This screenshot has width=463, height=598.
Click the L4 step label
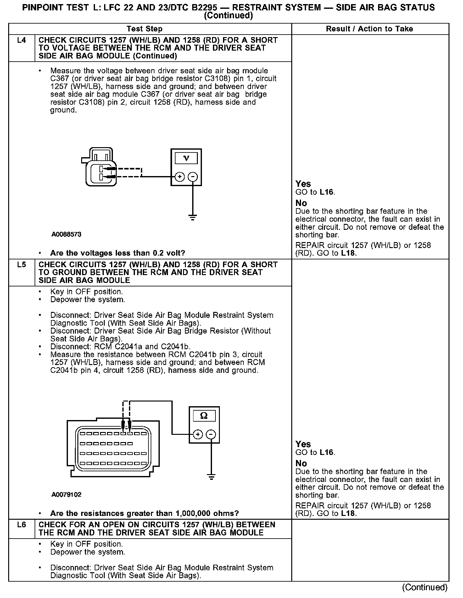21,40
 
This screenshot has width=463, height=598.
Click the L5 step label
21,265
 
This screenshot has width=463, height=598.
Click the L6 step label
21,525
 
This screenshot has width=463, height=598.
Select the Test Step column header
144,29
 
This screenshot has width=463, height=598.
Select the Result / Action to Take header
370,29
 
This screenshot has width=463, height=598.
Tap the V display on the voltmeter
186,158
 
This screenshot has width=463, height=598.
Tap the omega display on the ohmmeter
204,416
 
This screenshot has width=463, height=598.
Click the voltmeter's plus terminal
180,177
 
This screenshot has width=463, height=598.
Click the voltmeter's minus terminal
193,177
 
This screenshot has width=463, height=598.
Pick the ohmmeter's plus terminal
198,435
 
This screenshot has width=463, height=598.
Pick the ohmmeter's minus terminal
211,435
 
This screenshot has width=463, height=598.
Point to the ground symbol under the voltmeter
193,217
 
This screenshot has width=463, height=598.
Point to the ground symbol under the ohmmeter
211,477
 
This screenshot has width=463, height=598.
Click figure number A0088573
67,234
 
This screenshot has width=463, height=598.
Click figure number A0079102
67,495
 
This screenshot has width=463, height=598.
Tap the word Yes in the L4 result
303,184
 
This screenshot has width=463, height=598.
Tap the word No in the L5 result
301,463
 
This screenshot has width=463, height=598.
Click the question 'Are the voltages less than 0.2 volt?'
118,253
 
